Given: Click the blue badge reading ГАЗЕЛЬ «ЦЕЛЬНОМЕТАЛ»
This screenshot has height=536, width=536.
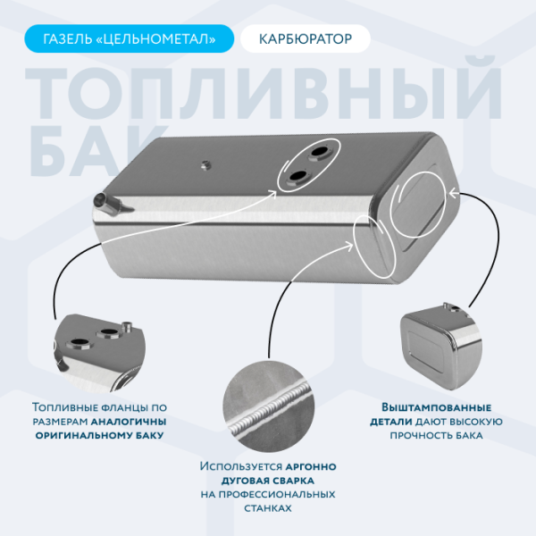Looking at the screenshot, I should pos(130,39).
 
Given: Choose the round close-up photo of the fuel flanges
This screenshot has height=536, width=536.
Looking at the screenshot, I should pos(98,349).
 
